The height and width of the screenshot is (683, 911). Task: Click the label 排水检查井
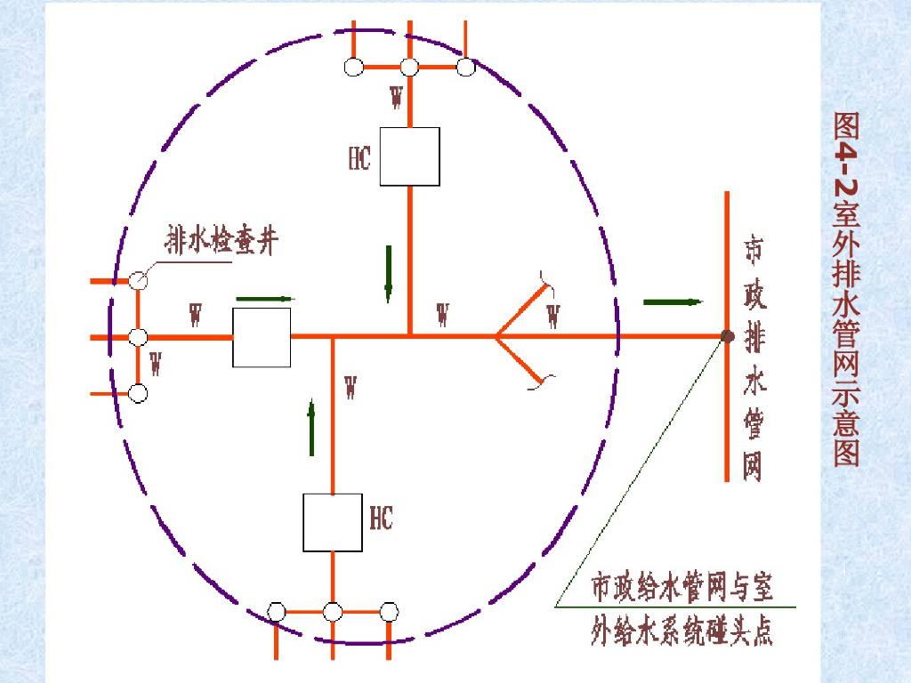[221, 240]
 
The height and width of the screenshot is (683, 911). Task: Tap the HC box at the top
[409, 157]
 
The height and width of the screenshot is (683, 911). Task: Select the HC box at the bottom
[332, 522]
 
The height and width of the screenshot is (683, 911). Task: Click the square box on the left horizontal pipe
[262, 338]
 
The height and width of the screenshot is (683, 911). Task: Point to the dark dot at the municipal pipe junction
[727, 336]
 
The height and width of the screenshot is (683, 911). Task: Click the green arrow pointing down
[389, 274]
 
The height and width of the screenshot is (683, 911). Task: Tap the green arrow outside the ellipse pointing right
[672, 302]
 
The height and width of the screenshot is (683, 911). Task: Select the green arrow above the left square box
[264, 299]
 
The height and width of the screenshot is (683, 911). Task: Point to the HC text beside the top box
[359, 157]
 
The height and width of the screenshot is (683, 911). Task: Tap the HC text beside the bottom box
[381, 518]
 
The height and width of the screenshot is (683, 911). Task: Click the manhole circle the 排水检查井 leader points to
[138, 281]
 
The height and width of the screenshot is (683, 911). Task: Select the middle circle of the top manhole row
[409, 67]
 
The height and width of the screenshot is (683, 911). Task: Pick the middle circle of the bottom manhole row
[333, 612]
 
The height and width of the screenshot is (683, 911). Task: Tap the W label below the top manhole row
[397, 97]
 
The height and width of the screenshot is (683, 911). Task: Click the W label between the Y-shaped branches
[553, 316]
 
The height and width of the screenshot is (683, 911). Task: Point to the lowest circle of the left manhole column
[138, 393]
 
